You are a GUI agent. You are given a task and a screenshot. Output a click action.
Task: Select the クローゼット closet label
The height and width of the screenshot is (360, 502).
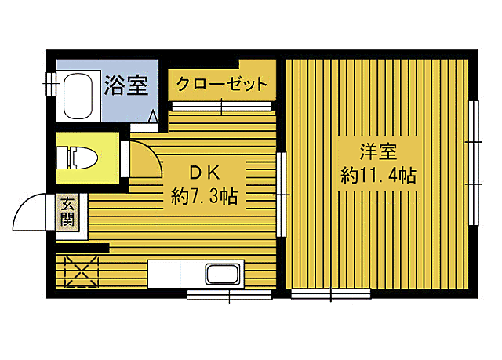[221, 84]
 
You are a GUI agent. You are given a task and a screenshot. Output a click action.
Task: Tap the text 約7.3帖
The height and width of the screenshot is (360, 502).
[204, 196]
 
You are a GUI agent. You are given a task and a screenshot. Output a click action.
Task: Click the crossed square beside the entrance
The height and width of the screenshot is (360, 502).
[78, 271]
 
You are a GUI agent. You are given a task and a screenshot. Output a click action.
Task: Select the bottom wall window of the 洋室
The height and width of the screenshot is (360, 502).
[330, 296]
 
